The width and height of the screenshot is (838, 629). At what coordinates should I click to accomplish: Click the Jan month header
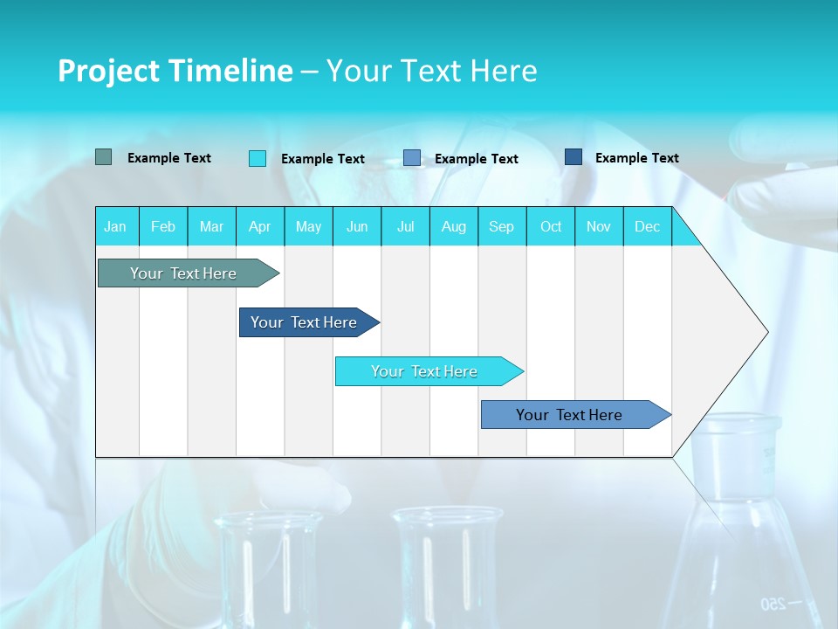[115, 226]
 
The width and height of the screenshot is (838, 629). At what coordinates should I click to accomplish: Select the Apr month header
[259, 226]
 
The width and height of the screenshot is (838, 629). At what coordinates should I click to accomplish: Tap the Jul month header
[405, 226]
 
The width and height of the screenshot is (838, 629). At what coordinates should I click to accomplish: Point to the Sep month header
[501, 226]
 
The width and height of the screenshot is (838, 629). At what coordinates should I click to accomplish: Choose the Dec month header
[647, 226]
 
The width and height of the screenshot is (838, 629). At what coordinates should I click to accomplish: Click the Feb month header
[163, 226]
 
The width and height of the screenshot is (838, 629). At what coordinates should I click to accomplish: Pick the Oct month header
[551, 226]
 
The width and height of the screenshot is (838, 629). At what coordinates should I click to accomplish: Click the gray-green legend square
[104, 157]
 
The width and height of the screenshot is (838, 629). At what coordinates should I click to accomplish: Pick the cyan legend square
[258, 158]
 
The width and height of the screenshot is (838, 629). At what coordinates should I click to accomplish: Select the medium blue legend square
[412, 158]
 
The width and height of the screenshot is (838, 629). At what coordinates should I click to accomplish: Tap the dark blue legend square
[574, 157]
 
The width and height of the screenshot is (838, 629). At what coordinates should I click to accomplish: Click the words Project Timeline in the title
[175, 71]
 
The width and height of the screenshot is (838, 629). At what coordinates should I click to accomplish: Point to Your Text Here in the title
[431, 71]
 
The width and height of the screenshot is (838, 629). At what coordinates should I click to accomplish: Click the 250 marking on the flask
[773, 604]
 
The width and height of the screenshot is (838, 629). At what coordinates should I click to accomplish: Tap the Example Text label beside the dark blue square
[636, 158]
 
